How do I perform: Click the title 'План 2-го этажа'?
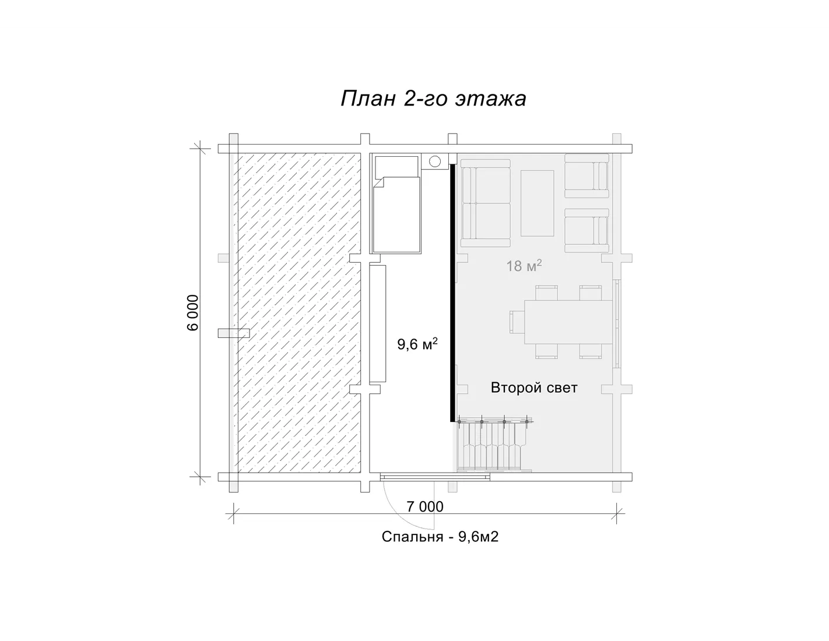pyautogui.click(x=433, y=98)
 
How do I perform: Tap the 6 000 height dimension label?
pyautogui.click(x=193, y=313)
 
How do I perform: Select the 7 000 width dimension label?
pyautogui.click(x=425, y=507)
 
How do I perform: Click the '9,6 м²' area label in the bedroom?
pyautogui.click(x=417, y=344)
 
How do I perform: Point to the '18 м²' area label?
pyautogui.click(x=524, y=265)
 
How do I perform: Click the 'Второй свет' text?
pyautogui.click(x=534, y=388)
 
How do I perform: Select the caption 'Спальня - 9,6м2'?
pyautogui.click(x=440, y=537)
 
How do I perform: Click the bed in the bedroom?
pyautogui.click(x=397, y=205)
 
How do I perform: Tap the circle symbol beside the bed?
pyautogui.click(x=434, y=161)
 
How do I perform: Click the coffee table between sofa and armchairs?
pyautogui.click(x=537, y=203)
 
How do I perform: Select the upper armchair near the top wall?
pyautogui.click(x=586, y=176)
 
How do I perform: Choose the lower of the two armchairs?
pyautogui.click(x=586, y=230)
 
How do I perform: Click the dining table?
pyautogui.click(x=568, y=322)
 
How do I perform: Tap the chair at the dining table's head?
pyautogui.click(x=517, y=322)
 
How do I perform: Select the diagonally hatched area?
pyautogui.click(x=298, y=313)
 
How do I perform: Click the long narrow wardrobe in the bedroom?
pyautogui.click(x=378, y=324)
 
